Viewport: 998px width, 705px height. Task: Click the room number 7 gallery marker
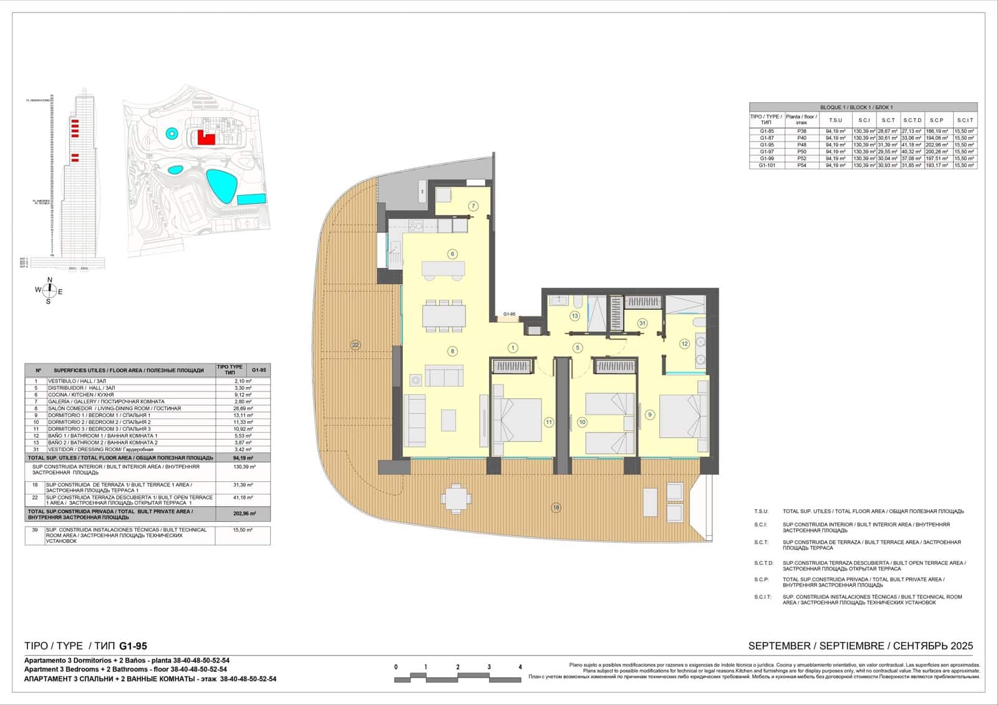473,206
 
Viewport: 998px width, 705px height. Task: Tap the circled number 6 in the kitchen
453,254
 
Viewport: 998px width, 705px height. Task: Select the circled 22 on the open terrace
356,345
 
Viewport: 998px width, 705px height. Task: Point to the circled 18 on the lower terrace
556,507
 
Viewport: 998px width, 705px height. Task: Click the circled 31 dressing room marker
642,323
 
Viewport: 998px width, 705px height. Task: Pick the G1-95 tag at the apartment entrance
509,314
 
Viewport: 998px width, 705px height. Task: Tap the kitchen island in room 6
443,269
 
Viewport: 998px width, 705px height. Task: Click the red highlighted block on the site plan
206,137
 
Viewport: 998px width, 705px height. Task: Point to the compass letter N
50,279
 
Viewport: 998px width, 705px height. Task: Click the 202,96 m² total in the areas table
243,514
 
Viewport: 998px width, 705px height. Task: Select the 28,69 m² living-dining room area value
243,408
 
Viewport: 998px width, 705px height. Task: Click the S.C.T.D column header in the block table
912,120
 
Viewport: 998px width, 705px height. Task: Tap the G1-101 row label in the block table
768,166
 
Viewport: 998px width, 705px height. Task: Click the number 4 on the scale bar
520,667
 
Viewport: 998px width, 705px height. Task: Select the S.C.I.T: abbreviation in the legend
762,597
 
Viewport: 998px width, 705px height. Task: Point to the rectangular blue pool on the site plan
251,199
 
